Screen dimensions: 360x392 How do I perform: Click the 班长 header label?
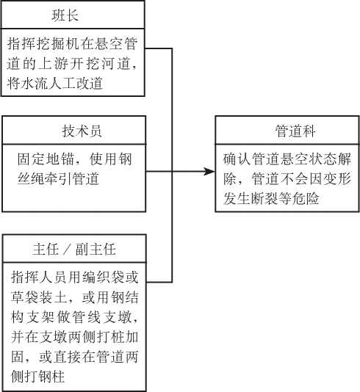(x=65, y=15)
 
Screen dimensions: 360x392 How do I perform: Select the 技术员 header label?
(x=82, y=131)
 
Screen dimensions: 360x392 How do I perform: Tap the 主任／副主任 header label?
(x=74, y=250)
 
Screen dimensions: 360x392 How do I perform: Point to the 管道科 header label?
(x=295, y=131)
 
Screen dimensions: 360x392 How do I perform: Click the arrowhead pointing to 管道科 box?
(x=209, y=172)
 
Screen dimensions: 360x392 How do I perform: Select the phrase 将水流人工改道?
(x=55, y=83)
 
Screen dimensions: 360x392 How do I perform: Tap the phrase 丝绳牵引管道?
(x=58, y=179)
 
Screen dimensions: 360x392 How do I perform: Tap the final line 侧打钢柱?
(x=38, y=377)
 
